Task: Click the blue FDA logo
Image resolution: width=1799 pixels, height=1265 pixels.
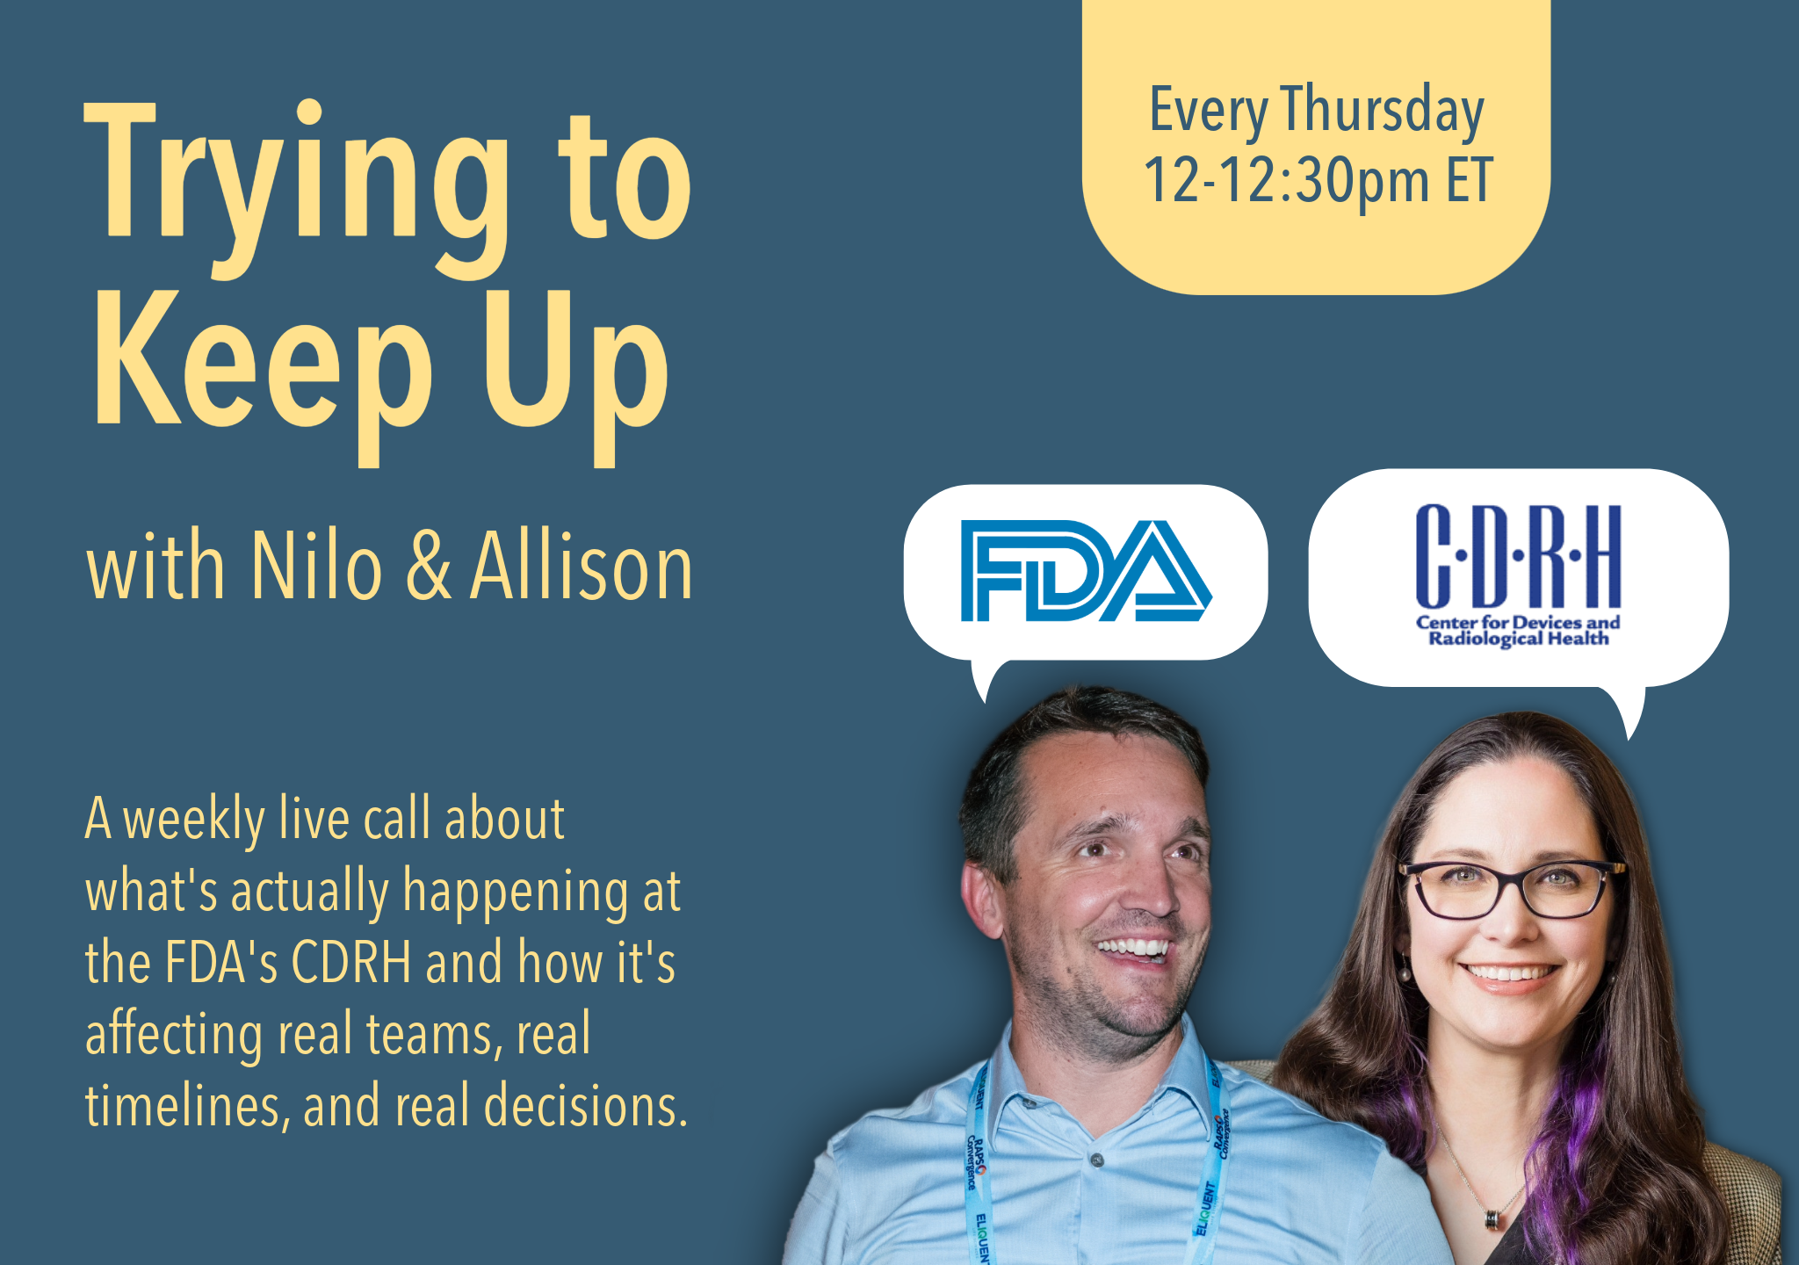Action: coord(1086,571)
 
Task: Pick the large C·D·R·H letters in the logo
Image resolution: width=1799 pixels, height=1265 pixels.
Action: coord(1518,557)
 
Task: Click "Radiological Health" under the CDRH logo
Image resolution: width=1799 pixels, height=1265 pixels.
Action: coord(1518,639)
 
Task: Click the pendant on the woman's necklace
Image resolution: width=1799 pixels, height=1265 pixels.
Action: coord(1492,1218)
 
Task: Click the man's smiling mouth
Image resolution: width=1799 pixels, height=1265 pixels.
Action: coord(1133,949)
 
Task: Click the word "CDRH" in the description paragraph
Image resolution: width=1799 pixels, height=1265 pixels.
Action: coord(351,963)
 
